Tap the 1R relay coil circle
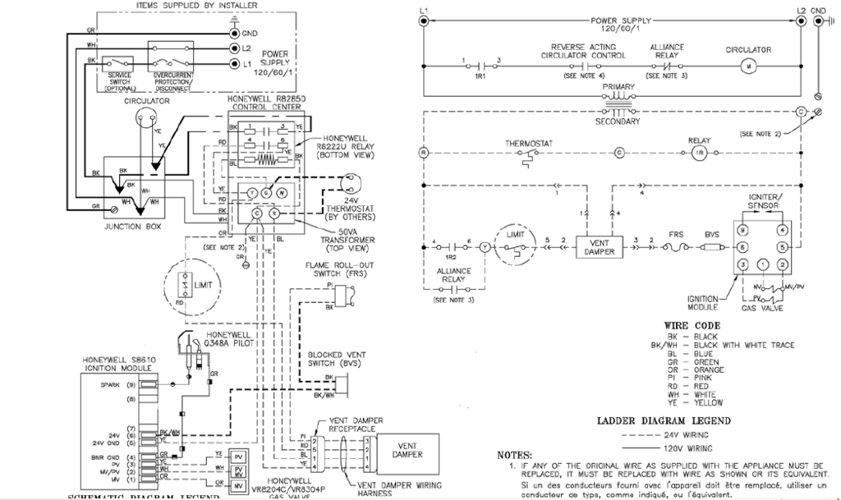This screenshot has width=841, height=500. (700, 154)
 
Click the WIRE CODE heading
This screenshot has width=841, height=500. (687, 325)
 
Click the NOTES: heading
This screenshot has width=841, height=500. (515, 455)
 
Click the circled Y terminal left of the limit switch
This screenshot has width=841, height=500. (485, 245)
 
